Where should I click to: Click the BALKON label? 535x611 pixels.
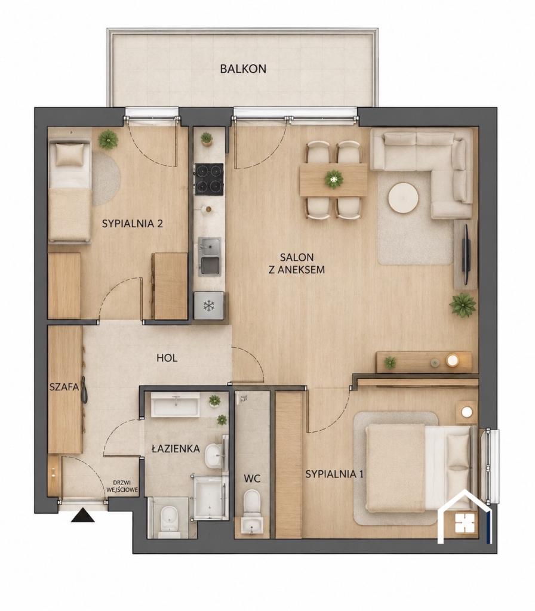[243, 69]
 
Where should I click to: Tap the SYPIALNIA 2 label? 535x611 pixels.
[132, 224]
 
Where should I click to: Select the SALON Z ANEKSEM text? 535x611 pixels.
[297, 263]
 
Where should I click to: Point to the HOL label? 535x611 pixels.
[167, 358]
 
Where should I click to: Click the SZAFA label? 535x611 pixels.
[64, 387]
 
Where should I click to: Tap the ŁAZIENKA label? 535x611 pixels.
[176, 449]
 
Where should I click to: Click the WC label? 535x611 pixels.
[252, 479]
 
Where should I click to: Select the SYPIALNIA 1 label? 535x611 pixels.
[334, 474]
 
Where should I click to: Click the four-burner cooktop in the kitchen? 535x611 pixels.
[209, 179]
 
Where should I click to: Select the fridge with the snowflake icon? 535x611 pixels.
[209, 306]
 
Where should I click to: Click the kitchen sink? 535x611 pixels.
[210, 257]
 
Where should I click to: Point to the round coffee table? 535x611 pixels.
[403, 198]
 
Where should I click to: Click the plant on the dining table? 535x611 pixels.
[334, 179]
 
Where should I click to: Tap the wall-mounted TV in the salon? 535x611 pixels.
[466, 254]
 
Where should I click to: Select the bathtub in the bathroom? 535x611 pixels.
[175, 405]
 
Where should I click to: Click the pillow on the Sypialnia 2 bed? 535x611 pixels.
[70, 155]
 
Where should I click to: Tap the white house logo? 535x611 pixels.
[464, 517]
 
